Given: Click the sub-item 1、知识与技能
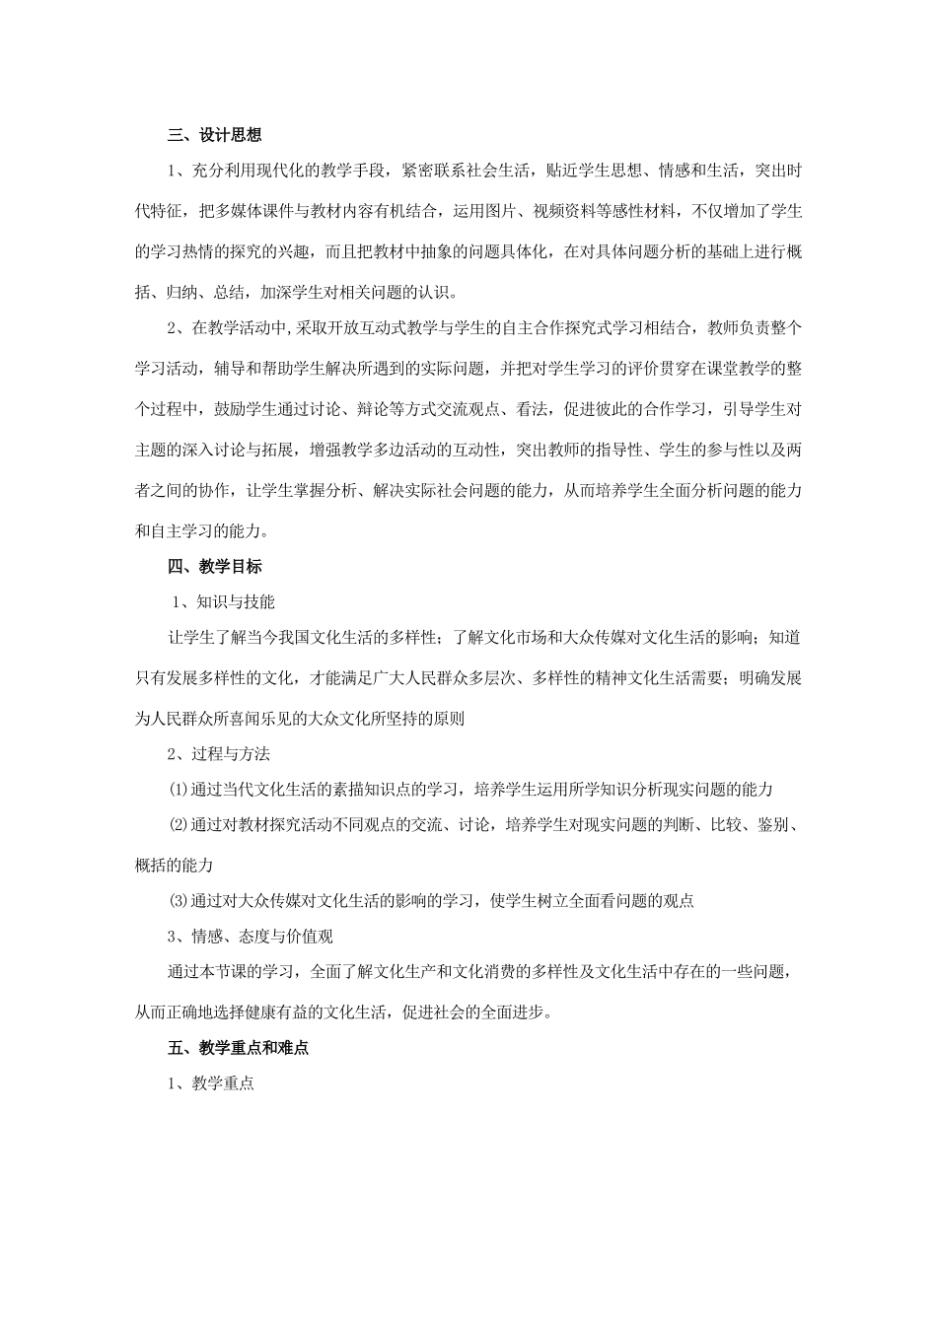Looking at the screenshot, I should [223, 601].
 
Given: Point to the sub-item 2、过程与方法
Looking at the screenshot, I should [218, 754].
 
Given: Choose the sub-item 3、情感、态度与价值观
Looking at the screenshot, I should [251, 936].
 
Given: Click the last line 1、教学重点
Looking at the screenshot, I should [210, 1082].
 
